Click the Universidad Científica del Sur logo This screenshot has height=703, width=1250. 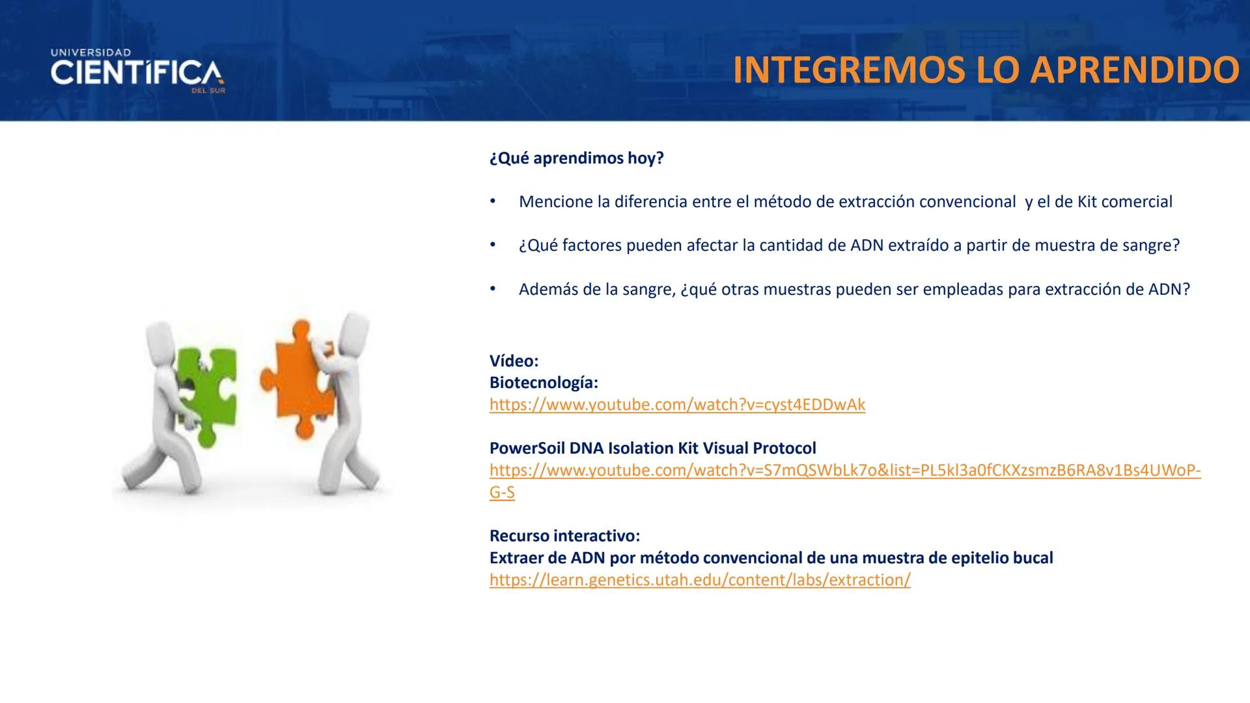137,71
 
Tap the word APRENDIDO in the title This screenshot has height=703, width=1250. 1135,70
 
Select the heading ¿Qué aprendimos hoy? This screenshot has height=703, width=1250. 576,158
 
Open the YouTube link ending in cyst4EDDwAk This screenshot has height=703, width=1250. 677,405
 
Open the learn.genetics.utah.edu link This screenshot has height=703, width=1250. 700,580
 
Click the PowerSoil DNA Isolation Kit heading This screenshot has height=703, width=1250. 652,448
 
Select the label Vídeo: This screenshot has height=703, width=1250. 514,361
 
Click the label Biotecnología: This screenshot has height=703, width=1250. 544,383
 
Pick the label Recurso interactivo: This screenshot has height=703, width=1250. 564,536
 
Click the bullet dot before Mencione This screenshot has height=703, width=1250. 493,201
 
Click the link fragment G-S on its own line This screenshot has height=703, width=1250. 502,493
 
